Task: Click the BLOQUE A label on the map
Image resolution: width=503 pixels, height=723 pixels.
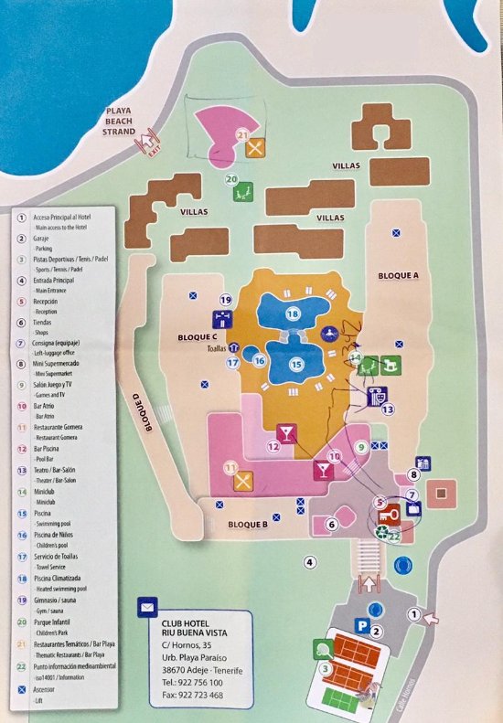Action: click(397, 274)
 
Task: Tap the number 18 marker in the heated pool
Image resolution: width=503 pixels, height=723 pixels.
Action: click(293, 314)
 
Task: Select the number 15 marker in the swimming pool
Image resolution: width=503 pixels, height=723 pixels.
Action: click(295, 364)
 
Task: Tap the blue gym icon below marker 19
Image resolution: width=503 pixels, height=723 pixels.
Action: click(222, 319)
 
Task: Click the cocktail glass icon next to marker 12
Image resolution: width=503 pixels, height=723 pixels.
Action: click(287, 431)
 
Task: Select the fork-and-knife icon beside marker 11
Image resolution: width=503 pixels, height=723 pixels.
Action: click(244, 477)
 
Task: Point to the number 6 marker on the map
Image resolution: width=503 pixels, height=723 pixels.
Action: click(332, 524)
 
